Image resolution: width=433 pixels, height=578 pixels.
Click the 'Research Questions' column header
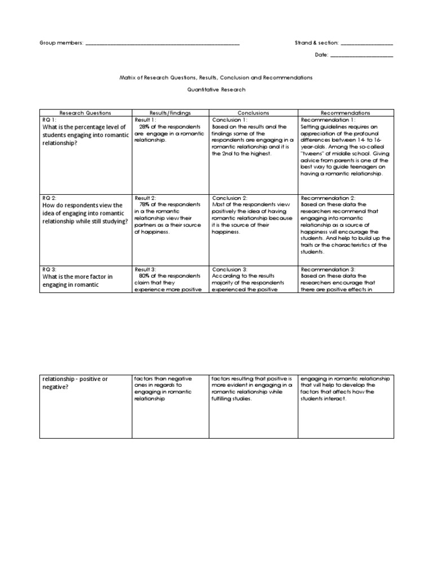point(85,113)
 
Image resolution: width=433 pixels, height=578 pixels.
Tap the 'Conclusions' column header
point(253,113)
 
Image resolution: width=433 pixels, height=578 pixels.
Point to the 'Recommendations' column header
point(346,113)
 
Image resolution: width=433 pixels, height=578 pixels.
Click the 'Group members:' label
point(61,43)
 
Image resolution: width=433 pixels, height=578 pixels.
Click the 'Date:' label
point(321,55)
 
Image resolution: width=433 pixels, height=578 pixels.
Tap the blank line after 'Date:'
point(361,55)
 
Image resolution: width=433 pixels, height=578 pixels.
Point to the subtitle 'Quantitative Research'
point(216,89)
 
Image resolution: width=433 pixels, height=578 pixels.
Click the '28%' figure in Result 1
point(144,127)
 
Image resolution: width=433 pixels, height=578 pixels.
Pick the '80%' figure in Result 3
point(144,276)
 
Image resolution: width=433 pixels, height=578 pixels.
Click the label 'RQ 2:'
point(50,199)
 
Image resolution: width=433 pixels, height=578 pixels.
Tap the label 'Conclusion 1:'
point(229,120)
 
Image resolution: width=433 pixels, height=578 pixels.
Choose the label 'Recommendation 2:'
point(328,199)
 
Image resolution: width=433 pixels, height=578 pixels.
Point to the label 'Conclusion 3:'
point(229,269)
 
